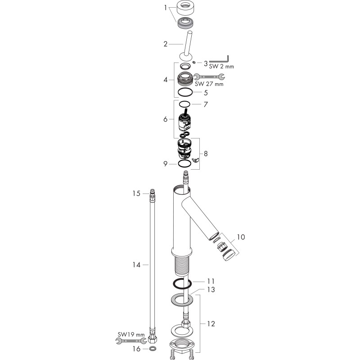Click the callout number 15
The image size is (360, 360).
pyautogui.click(x=136, y=193)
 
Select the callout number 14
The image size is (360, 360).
pyautogui.click(x=136, y=265)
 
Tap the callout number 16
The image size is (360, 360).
pyautogui.click(x=136, y=349)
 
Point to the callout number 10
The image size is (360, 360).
pyautogui.click(x=241, y=237)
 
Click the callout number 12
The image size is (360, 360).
pyautogui.click(x=211, y=324)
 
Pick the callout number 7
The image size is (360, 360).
pyautogui.click(x=206, y=104)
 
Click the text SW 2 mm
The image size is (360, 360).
pyautogui.click(x=221, y=67)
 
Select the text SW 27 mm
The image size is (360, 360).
pyautogui.click(x=209, y=84)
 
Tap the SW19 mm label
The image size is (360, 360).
pyautogui.click(x=131, y=334)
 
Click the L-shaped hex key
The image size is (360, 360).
pyautogui.click(x=227, y=60)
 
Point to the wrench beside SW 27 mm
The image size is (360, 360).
pyautogui.click(x=209, y=76)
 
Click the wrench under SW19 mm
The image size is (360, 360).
pyautogui.click(x=131, y=341)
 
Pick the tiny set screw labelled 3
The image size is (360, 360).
pyautogui.click(x=194, y=62)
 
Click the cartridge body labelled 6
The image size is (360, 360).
pyautogui.click(x=184, y=121)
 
